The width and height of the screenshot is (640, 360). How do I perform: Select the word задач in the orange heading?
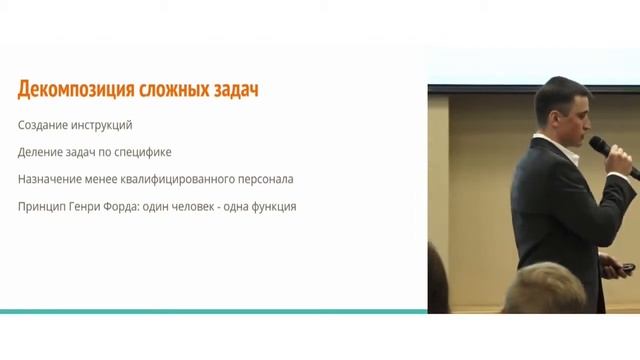point(232,91)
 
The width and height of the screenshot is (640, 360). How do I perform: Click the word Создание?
point(43,126)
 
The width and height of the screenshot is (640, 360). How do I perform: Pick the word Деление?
point(41,153)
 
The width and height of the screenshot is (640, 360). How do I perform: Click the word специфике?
point(145,153)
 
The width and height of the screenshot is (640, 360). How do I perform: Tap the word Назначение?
point(49,180)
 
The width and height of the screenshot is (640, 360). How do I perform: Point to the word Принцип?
point(43,207)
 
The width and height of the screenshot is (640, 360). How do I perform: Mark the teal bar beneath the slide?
point(213,312)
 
